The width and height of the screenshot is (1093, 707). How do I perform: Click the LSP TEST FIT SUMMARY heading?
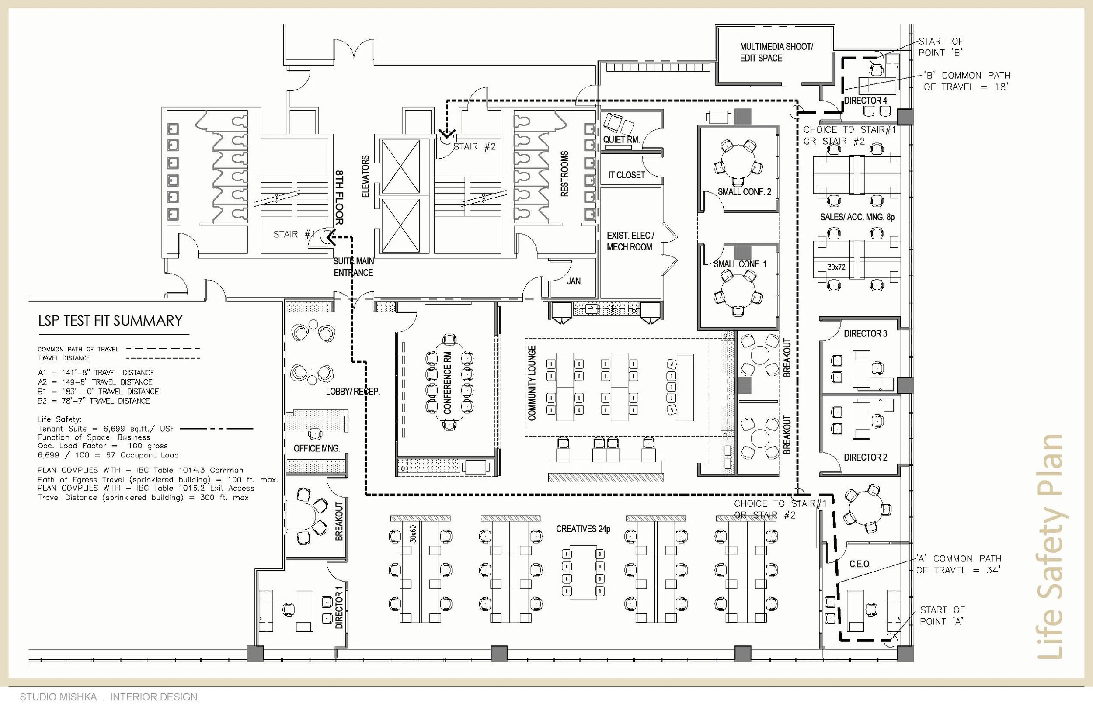tap(110, 320)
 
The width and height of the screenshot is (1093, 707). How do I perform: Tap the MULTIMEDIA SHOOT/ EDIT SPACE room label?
tap(776, 52)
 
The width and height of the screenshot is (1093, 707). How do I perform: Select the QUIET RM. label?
tap(621, 139)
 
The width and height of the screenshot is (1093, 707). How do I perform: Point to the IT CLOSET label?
tap(626, 175)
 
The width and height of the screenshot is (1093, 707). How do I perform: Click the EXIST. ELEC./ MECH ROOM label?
tap(630, 241)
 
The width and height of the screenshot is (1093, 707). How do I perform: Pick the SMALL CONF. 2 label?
tap(745, 192)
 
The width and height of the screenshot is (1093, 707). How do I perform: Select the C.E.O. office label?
tap(860, 564)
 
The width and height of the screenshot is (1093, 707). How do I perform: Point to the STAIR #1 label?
tap(294, 234)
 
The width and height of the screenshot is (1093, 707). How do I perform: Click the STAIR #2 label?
tap(474, 146)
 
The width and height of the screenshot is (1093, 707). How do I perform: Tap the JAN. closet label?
tap(574, 281)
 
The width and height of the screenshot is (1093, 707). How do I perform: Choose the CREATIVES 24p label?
tap(583, 529)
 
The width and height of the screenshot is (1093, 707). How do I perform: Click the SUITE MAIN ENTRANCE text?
tap(353, 267)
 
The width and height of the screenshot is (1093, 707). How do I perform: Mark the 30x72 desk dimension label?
tap(836, 267)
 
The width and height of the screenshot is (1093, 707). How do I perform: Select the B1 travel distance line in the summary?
tap(98, 391)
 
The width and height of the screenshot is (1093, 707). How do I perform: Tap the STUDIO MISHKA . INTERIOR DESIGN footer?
tap(108, 697)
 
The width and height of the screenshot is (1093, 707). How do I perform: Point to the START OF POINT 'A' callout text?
tap(941, 616)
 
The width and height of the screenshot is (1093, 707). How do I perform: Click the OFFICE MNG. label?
tap(317, 448)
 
